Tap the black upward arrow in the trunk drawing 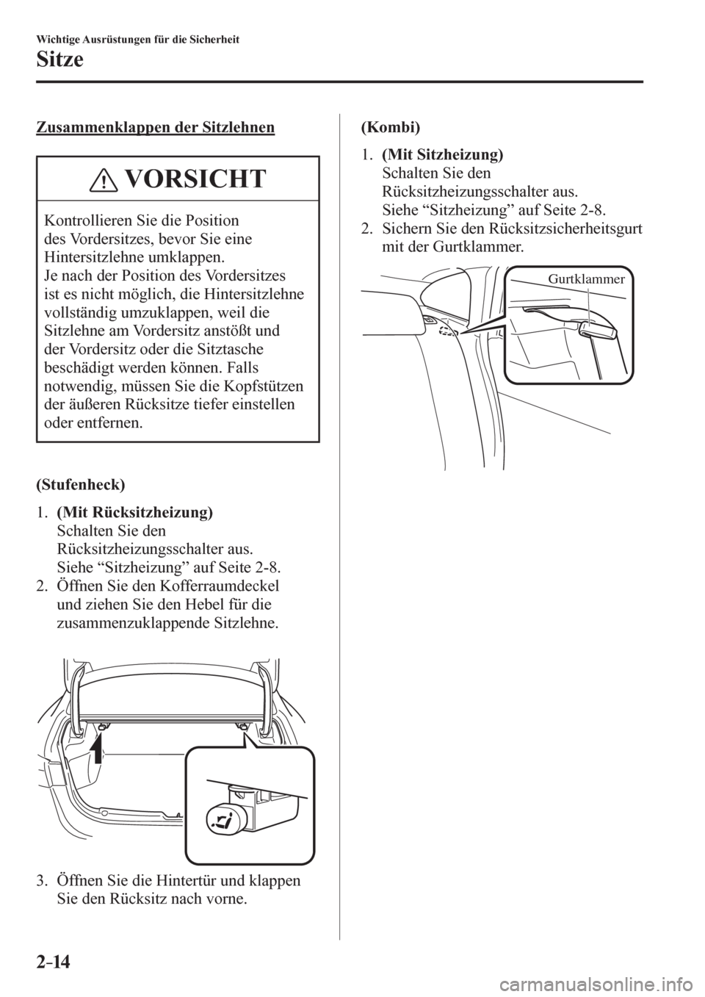tap(95, 763)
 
